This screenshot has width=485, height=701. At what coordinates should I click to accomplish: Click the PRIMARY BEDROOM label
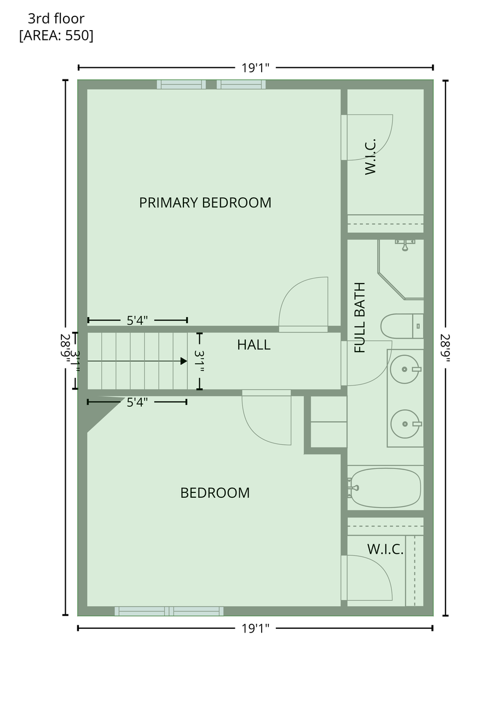tap(205, 203)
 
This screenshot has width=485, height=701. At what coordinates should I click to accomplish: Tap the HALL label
tap(253, 345)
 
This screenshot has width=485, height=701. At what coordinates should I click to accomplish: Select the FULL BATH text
tap(360, 318)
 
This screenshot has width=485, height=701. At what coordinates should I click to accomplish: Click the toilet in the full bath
tap(402, 326)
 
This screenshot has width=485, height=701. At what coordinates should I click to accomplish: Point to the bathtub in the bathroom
tap(385, 488)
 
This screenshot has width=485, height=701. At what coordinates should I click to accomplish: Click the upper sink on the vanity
tap(405, 369)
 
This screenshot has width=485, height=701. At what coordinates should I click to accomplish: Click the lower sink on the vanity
tap(405, 424)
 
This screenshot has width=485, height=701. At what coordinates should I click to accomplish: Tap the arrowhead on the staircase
tap(184, 361)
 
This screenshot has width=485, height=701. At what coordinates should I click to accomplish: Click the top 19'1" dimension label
tap(255, 68)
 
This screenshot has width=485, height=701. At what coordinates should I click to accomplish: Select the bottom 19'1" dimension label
tap(255, 628)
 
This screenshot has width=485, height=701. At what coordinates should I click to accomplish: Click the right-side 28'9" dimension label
tap(446, 348)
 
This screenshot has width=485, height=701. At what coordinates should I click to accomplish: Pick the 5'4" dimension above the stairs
tap(137, 320)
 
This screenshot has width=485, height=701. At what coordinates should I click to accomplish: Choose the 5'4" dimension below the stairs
tap(137, 403)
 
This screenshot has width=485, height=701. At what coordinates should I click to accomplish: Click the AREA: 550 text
tap(56, 36)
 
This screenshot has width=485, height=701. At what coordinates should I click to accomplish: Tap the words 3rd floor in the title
tap(56, 19)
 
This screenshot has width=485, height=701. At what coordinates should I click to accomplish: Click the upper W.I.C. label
tap(370, 157)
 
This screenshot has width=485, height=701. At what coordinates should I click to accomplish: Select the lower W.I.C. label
tap(385, 549)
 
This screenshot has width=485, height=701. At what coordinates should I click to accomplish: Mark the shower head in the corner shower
tap(405, 245)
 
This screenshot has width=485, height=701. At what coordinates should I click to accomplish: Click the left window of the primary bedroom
tap(181, 84)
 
